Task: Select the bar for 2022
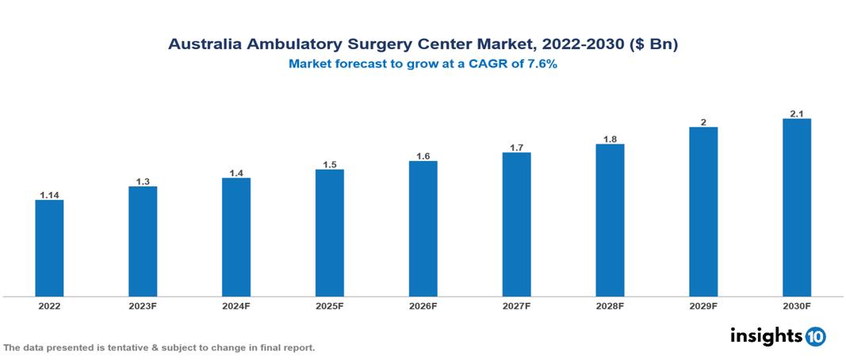click(49, 248)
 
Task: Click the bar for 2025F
click(329, 233)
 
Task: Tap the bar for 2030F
click(796, 208)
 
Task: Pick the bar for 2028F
click(610, 220)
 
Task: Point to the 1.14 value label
click(49, 194)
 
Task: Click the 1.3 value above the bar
click(143, 182)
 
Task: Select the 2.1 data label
click(797, 114)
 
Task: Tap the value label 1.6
click(423, 156)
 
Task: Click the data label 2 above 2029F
click(703, 122)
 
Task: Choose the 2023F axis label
click(143, 305)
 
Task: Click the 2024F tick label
click(236, 305)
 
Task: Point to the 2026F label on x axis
click(423, 305)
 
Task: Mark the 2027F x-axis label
click(516, 305)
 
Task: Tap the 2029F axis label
click(703, 305)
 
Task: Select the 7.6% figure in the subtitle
click(542, 64)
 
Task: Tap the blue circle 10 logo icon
click(815, 336)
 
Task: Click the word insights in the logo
click(765, 335)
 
